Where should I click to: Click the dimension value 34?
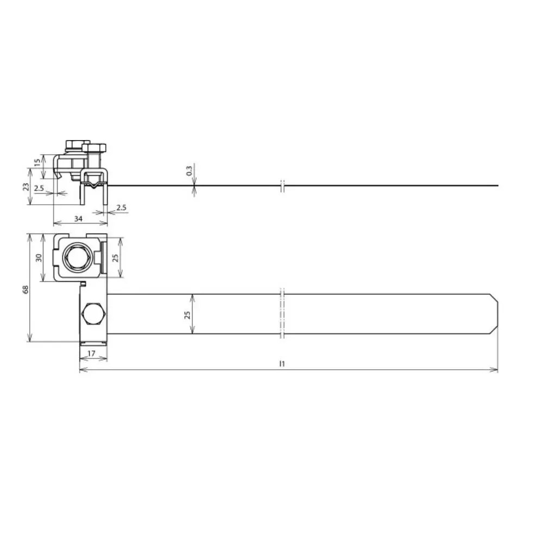79,219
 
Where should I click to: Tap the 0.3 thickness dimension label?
189,171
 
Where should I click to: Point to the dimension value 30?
38,257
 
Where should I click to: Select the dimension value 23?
25,186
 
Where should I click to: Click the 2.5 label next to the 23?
39,188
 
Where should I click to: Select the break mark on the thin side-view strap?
282,186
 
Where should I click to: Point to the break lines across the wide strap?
282,314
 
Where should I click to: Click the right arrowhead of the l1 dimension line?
495,370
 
